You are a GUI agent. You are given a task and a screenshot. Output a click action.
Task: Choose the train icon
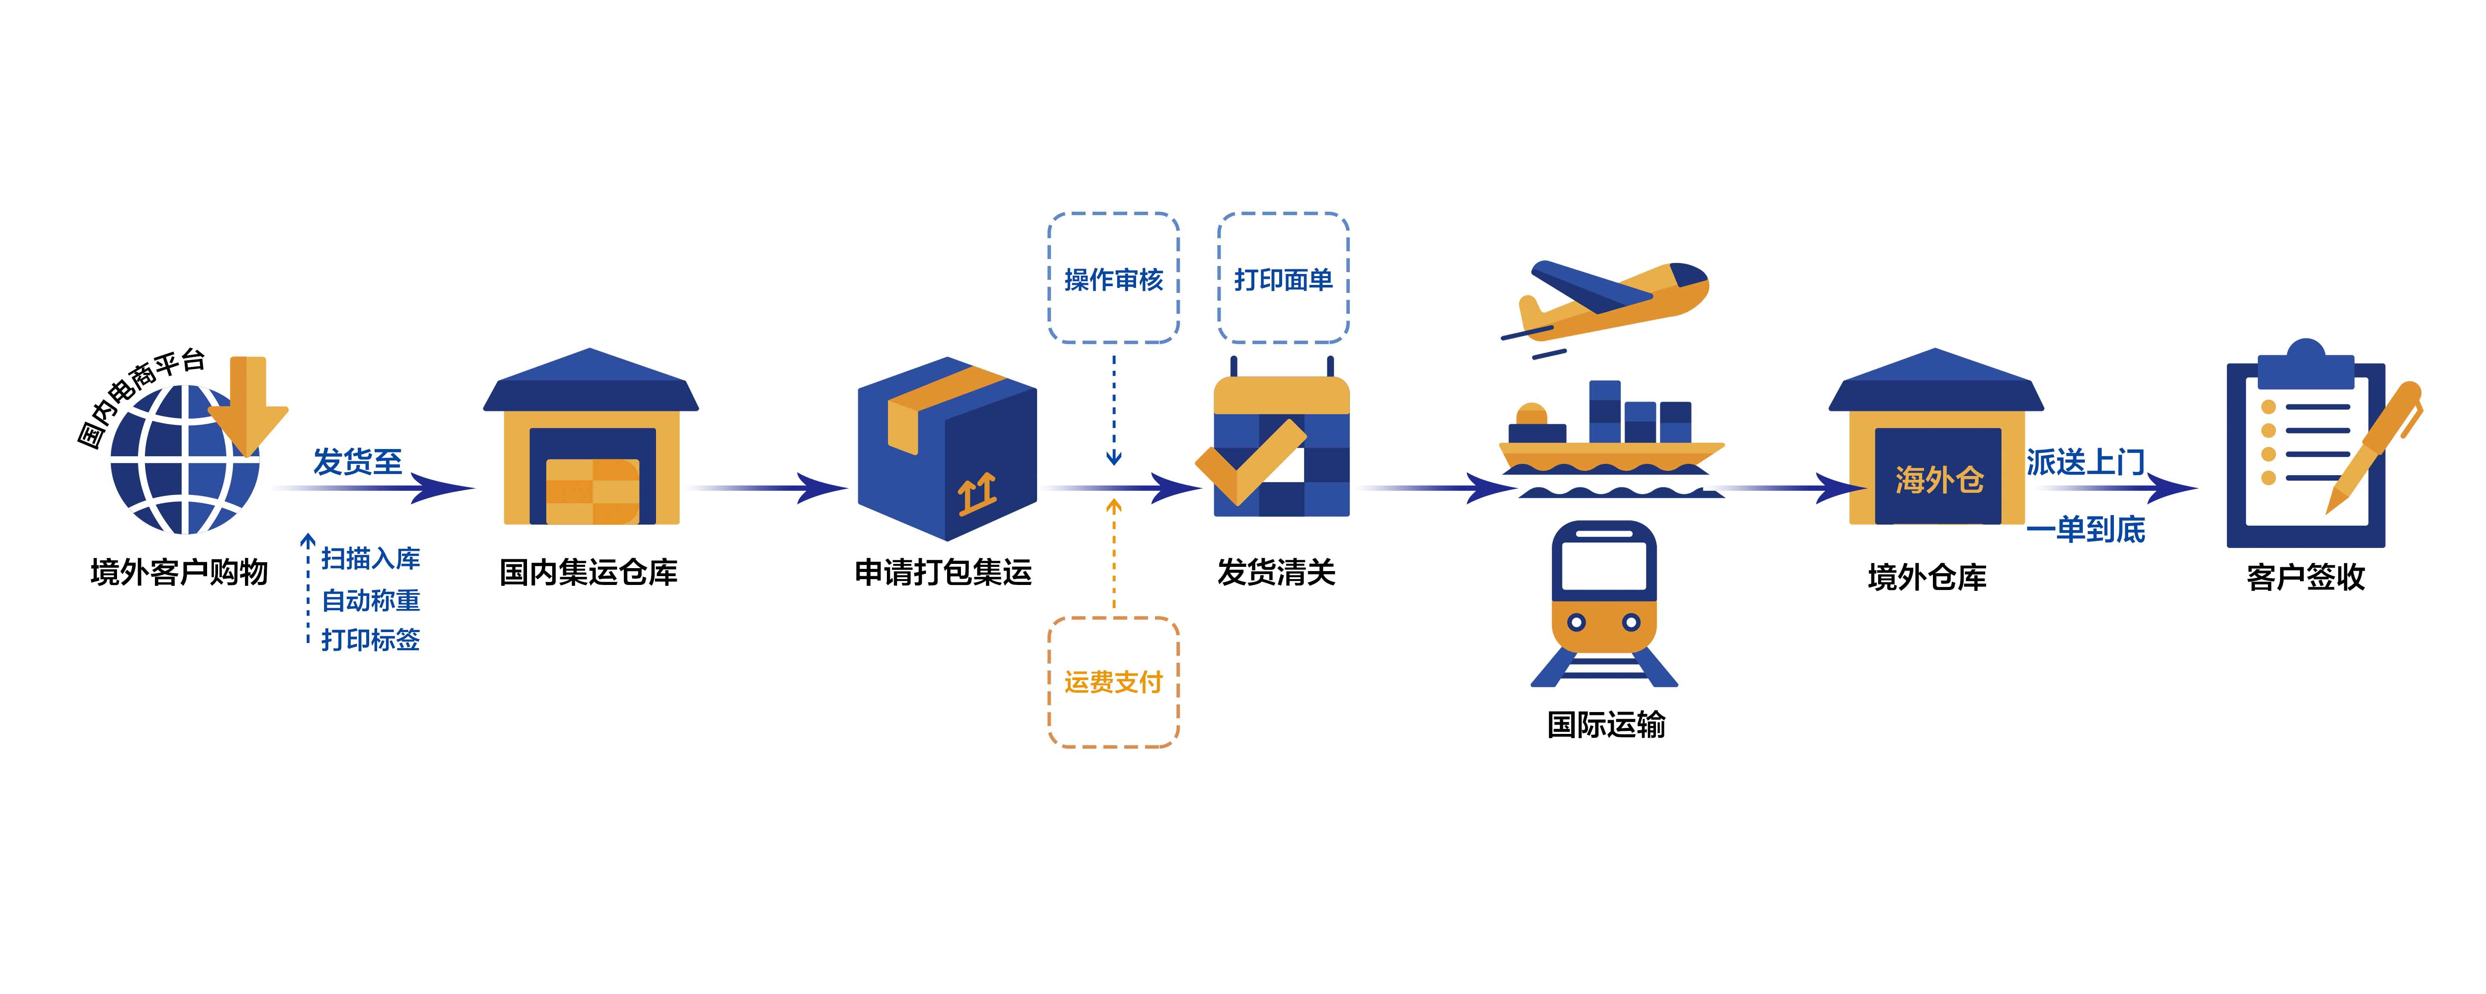pos(1604,598)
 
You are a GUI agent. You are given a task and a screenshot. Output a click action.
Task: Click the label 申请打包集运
pos(943,572)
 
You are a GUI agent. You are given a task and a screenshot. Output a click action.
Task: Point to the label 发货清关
pos(1276,572)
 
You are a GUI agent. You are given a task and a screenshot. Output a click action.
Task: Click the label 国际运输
pos(1606,724)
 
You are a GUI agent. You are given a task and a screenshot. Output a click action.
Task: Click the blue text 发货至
pos(357,461)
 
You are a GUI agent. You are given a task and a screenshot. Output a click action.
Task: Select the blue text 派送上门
pos(2084,462)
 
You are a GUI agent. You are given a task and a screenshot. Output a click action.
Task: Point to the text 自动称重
pos(370,599)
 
